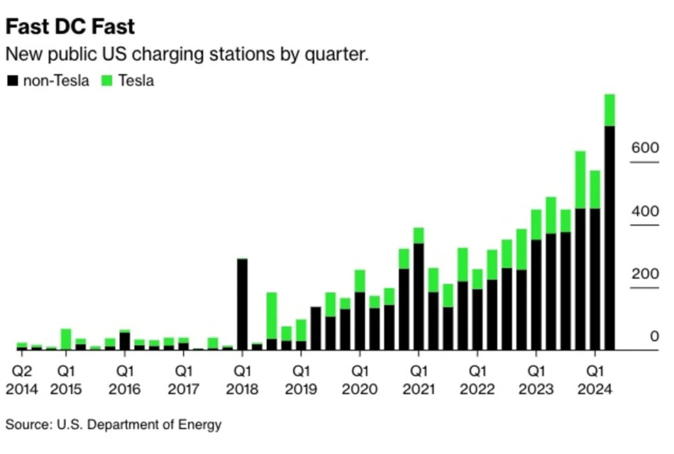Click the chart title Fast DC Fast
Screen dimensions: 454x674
70,26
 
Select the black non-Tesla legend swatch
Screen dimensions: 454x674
13,81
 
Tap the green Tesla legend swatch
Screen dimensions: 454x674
107,81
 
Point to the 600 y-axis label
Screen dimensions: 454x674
644,148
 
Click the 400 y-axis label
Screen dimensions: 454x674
644,212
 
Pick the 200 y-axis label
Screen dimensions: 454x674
644,275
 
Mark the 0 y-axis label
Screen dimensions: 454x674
654,337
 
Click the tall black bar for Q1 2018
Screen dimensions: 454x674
242,303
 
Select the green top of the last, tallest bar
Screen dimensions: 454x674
609,110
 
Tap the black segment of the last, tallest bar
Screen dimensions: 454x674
609,237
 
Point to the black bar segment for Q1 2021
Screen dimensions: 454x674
419,297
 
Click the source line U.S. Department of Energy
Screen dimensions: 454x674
113,425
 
